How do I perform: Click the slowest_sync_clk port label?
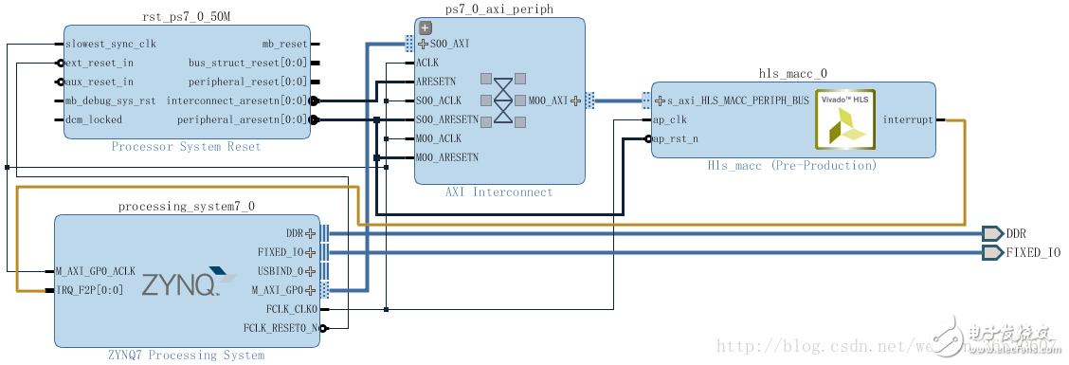tap(111, 44)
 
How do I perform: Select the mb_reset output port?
tap(284, 44)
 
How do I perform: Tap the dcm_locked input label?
tap(94, 119)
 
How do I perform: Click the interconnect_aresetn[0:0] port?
tap(237, 100)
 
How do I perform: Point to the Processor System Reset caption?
tap(186, 147)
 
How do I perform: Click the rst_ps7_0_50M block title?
tap(187, 15)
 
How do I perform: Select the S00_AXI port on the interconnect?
tap(448, 44)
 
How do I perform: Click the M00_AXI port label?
tap(548, 100)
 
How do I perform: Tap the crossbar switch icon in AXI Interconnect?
tap(503, 100)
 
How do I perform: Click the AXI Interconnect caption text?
tap(498, 192)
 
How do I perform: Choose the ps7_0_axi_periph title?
tap(498, 9)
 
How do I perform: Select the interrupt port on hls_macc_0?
tap(907, 119)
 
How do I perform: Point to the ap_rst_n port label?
tap(676, 138)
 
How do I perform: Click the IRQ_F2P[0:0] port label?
tap(91, 290)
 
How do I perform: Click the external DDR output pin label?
tap(1016, 233)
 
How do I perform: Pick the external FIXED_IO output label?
tap(1032, 252)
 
